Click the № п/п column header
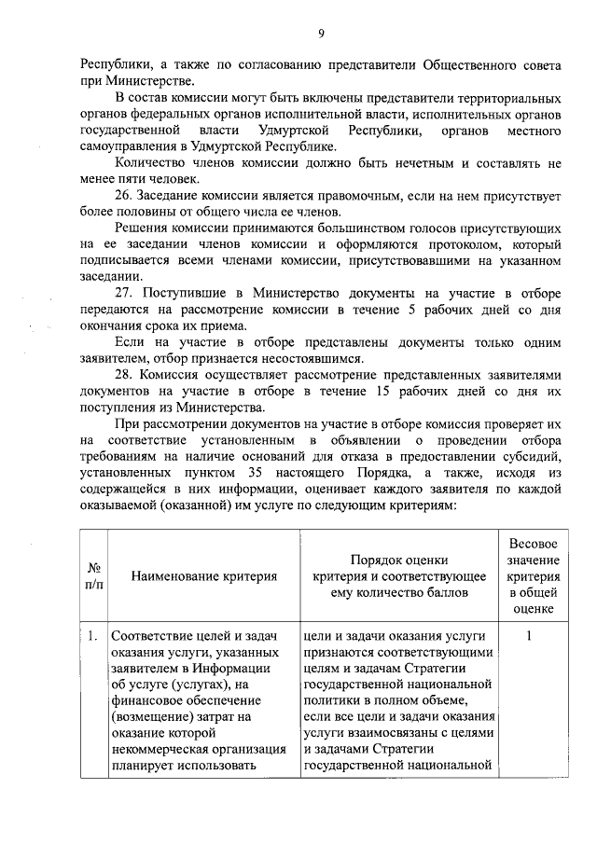(94, 575)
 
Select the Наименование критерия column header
(204, 575)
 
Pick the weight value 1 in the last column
(529, 637)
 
